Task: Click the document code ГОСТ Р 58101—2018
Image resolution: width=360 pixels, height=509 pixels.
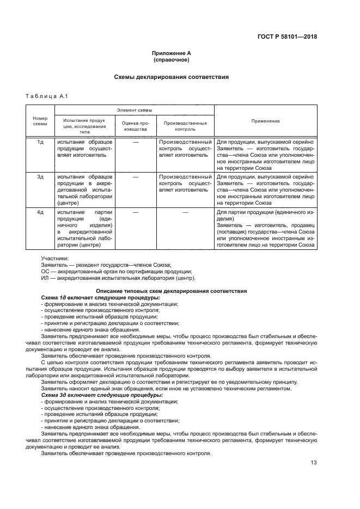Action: [288, 37]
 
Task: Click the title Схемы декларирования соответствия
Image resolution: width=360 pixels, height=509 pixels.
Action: [171, 77]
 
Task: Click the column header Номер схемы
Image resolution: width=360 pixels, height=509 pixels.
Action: [40, 121]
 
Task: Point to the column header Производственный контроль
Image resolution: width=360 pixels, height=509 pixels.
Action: [185, 126]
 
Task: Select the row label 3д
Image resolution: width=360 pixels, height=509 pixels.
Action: [40, 177]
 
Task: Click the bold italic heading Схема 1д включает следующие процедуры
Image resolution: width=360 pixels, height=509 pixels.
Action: [101, 298]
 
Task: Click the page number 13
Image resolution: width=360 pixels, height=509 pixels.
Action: [313, 463]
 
